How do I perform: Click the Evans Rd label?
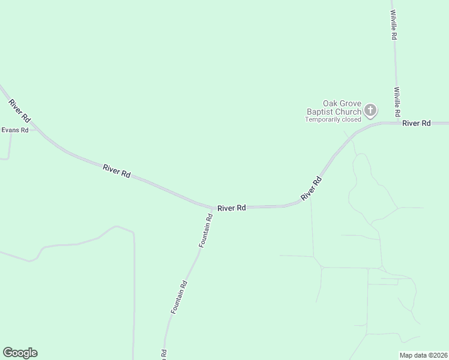15,130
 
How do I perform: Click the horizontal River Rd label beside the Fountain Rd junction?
232,208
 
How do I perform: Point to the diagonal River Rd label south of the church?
312,189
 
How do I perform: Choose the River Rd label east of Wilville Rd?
417,123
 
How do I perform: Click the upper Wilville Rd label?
394,25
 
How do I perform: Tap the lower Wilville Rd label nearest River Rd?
397,101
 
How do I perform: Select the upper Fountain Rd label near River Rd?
206,232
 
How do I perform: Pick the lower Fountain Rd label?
179,298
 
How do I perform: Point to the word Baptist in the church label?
321,112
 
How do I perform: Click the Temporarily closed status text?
333,119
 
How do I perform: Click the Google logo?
20,353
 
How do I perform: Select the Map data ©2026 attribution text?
424,355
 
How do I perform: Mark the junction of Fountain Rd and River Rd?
214,209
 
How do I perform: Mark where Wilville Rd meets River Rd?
398,122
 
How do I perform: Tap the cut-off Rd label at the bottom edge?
163,355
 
